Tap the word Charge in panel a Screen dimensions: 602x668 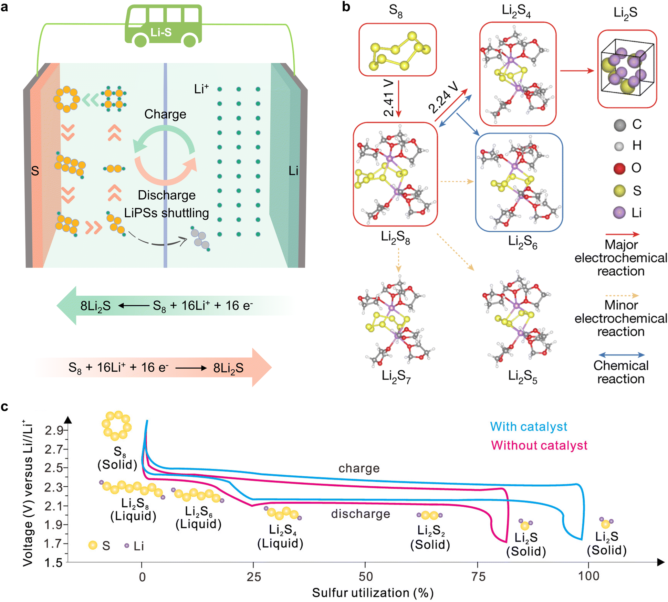point(165,114)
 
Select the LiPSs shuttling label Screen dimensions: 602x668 point(166,213)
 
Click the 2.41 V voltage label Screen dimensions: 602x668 point(389,98)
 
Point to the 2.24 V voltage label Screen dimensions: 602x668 point(443,98)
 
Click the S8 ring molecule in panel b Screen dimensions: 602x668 point(397,50)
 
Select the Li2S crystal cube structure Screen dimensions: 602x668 point(627,69)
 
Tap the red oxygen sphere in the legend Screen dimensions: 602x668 point(619,168)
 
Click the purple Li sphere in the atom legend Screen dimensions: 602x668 point(619,212)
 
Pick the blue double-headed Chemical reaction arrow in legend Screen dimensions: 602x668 point(621,355)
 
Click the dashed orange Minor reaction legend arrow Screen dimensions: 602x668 point(621,295)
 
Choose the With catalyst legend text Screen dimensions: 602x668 point(528,426)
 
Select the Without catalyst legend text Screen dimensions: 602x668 point(539,445)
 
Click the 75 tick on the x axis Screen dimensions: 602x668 point(478,577)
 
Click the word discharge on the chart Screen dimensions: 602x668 point(361,514)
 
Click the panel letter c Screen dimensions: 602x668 point(5,406)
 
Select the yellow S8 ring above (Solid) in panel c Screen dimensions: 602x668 point(116,425)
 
